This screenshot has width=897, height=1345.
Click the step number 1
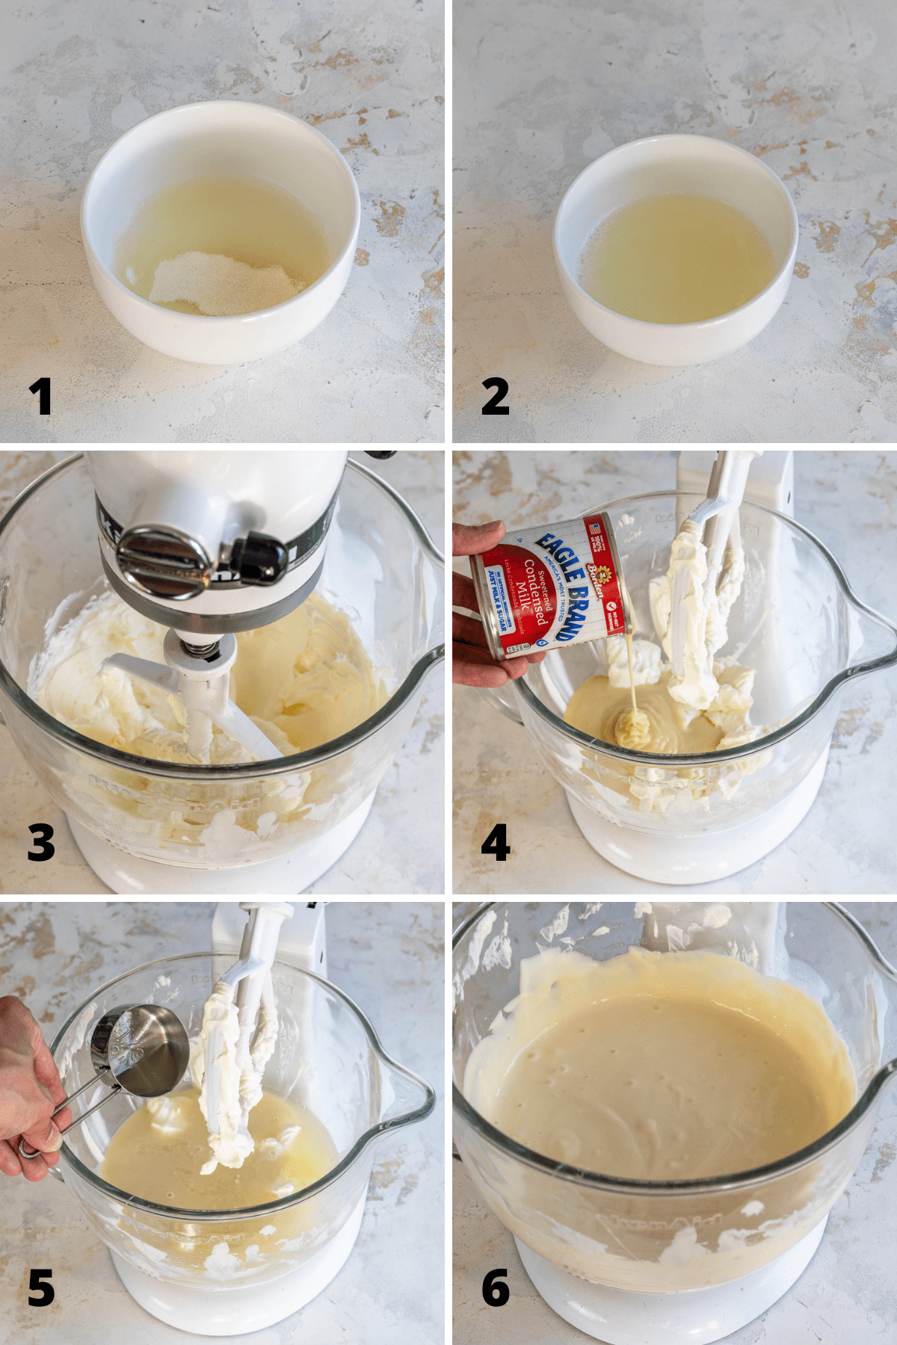(x=40, y=397)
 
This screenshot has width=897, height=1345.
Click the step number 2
(x=495, y=397)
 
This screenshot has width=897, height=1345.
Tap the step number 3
(x=41, y=842)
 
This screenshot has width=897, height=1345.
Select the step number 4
(x=496, y=842)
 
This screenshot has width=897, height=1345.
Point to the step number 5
(x=41, y=1287)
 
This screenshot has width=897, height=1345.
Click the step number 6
(x=496, y=1287)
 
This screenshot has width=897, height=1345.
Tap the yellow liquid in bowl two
(x=676, y=258)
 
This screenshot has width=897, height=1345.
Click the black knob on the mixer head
(x=258, y=557)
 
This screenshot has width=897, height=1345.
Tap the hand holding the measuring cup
(x=26, y=1083)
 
